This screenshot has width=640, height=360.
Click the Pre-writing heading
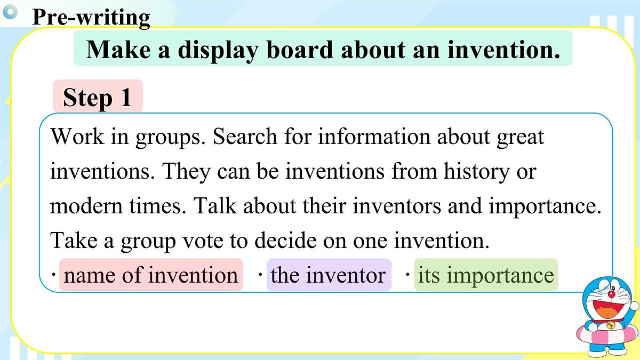tap(91, 17)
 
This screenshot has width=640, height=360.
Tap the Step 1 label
tap(97, 98)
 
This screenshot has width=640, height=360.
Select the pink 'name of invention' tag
tap(151, 275)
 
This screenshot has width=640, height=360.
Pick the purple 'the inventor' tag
tap(328, 275)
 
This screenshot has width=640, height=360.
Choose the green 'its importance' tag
tap(486, 275)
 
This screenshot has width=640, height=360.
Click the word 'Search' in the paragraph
tap(245, 137)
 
